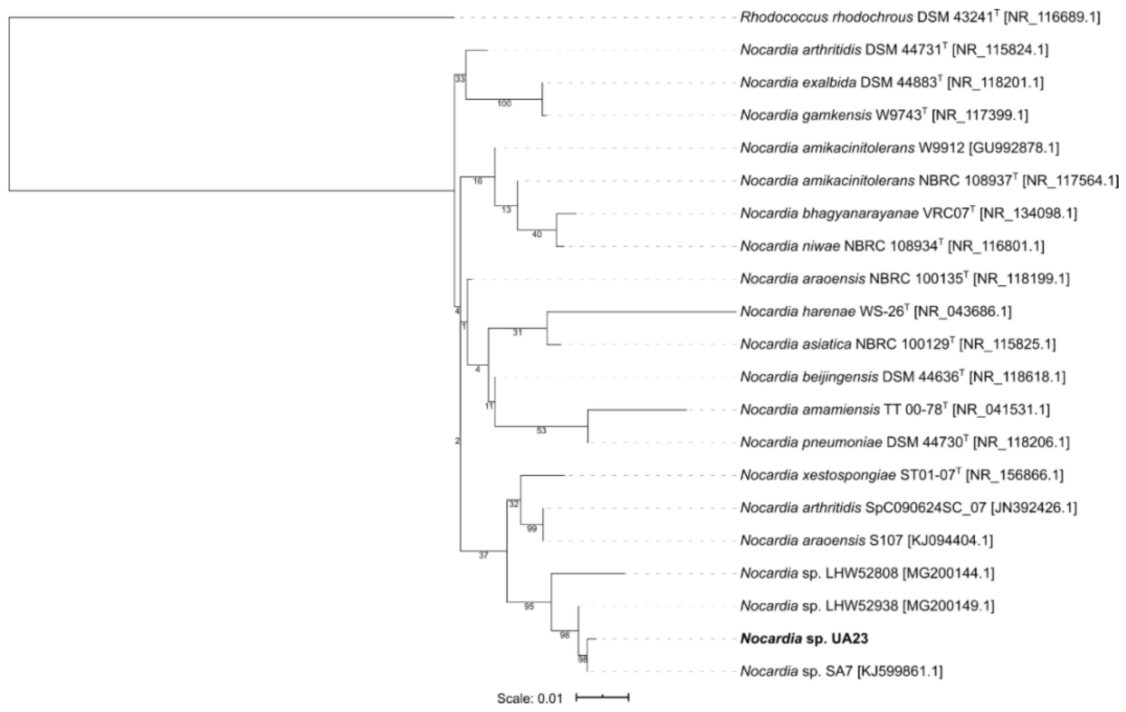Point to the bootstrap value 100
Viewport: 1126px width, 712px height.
(504, 104)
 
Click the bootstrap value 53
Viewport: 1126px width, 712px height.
(541, 431)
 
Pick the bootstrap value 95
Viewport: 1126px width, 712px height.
(529, 607)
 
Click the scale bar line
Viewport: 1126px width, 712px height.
(602, 697)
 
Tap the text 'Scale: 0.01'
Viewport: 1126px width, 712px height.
(529, 698)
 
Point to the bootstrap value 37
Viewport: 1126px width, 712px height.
(483, 556)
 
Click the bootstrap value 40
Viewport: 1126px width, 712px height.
(537, 234)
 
